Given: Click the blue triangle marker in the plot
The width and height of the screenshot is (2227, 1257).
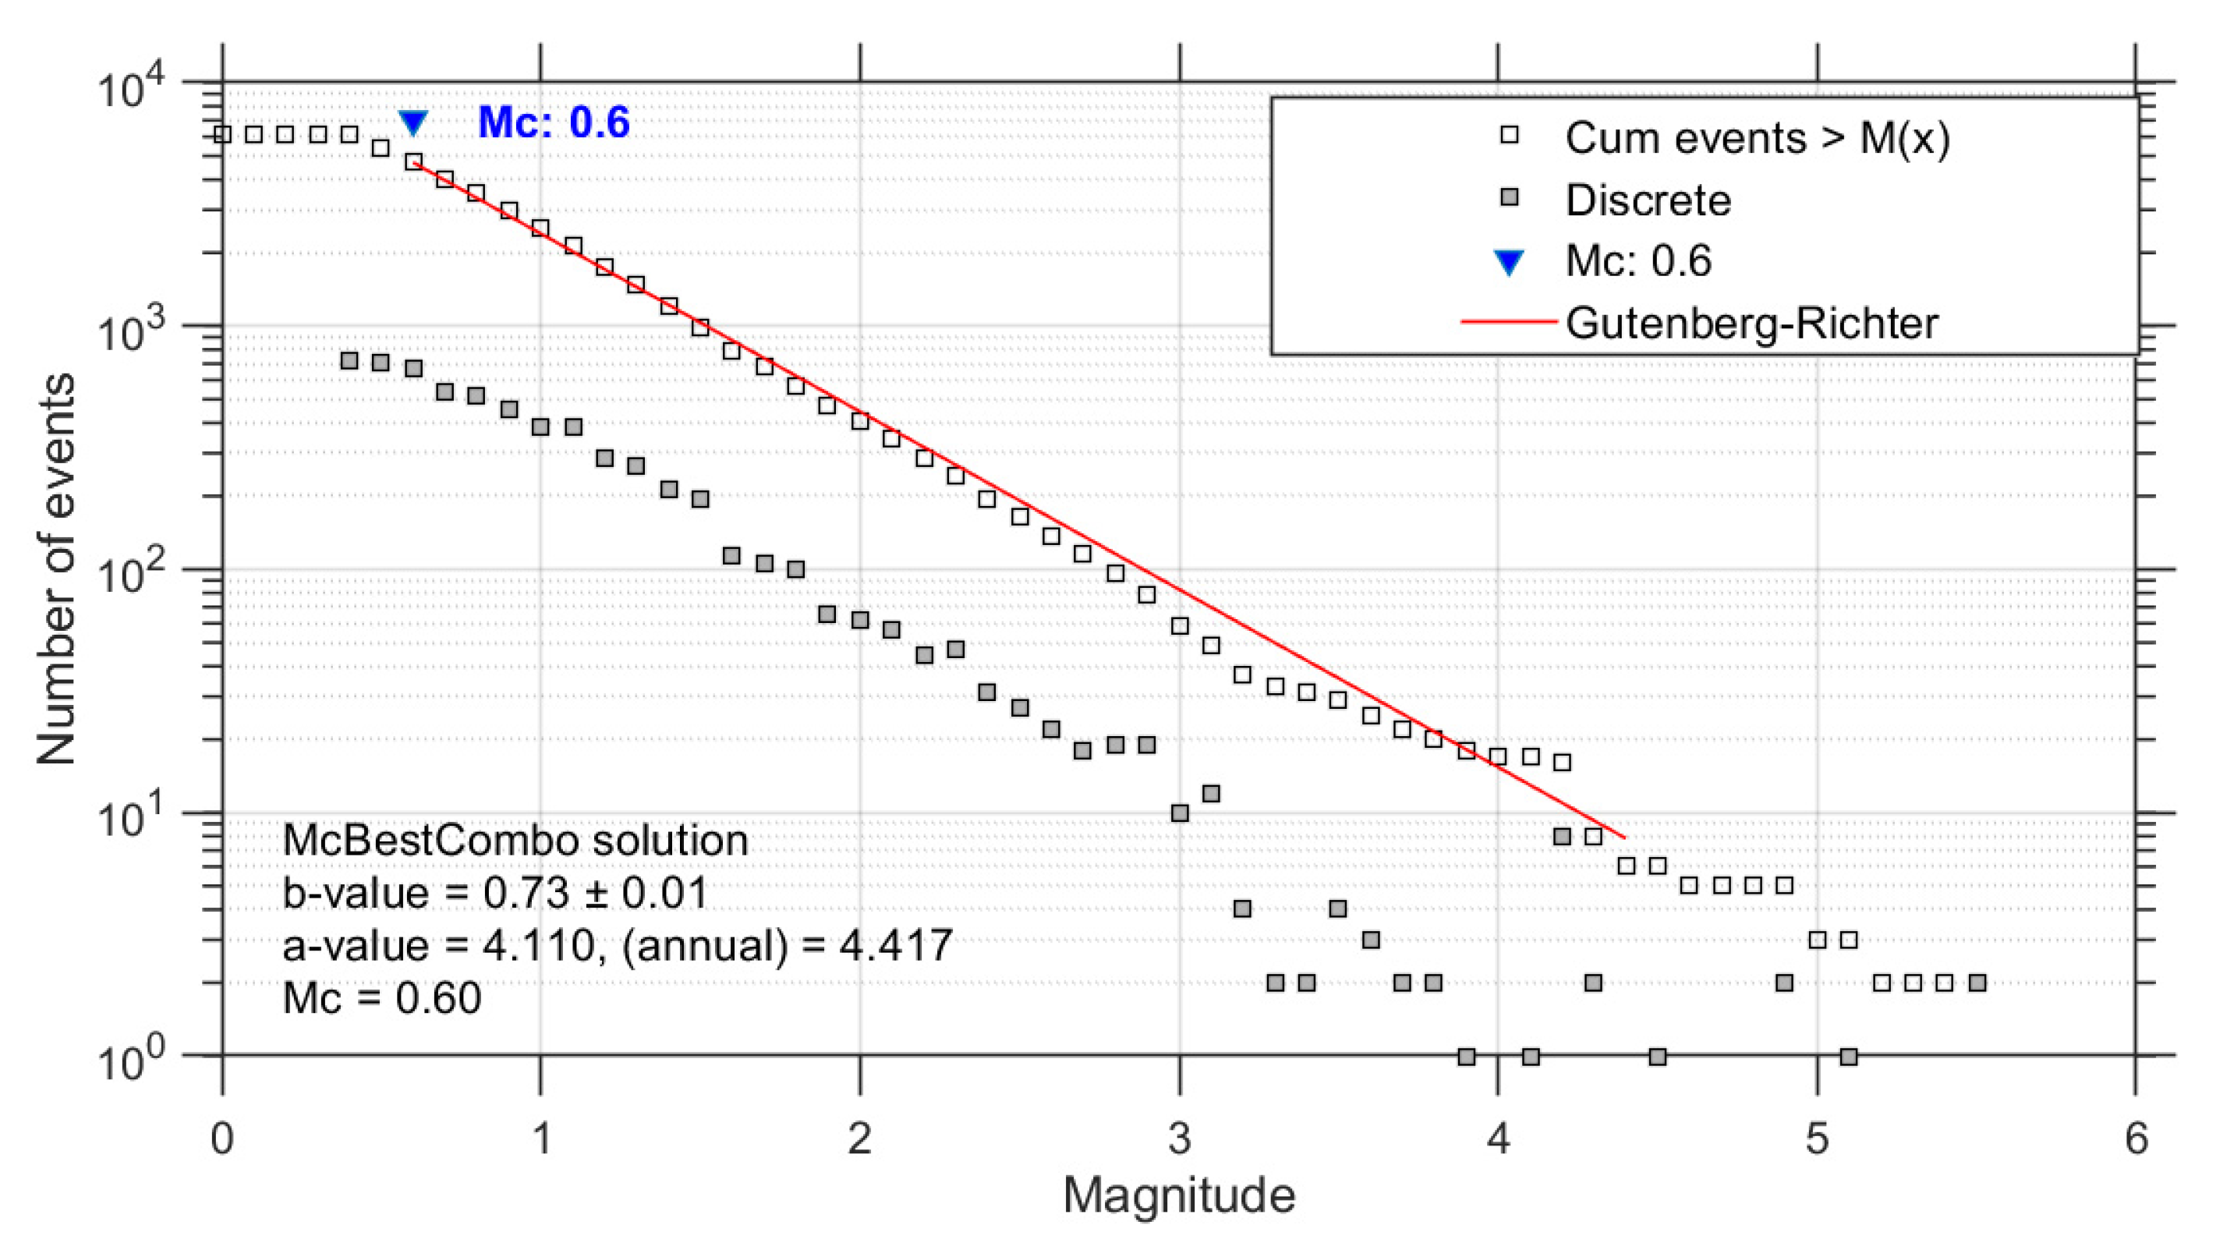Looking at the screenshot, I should (x=413, y=122).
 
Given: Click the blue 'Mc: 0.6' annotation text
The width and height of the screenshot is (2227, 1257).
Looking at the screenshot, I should (x=554, y=122).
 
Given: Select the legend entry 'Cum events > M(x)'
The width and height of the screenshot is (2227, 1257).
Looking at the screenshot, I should (x=1757, y=138).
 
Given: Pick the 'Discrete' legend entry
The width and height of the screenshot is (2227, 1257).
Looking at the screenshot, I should (x=1648, y=200).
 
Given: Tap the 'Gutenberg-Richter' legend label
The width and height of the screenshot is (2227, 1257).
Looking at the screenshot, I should (x=1751, y=324).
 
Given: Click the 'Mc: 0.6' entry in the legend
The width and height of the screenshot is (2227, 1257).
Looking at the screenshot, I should (x=1637, y=261).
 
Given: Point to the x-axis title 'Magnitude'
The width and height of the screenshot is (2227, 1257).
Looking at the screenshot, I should (x=1178, y=1195).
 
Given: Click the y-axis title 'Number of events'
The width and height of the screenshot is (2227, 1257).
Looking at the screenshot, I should (x=56, y=569).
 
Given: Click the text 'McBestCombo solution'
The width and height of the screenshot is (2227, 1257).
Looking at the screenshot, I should (x=515, y=841).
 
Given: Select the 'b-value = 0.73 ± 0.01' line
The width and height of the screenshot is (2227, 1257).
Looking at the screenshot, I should (x=494, y=892).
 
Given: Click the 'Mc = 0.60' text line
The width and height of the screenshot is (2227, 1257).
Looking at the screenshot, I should (x=381, y=999).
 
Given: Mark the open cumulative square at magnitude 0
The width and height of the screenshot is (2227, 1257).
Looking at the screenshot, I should (x=222, y=134).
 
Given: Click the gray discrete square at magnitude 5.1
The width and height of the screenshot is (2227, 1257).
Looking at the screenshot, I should (x=1848, y=1057).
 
